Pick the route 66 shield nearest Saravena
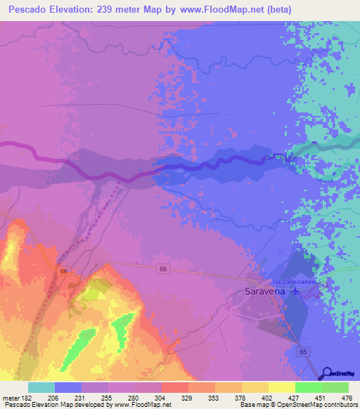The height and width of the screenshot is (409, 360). (x=162, y=269)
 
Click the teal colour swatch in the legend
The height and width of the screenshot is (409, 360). (x=41, y=387)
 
